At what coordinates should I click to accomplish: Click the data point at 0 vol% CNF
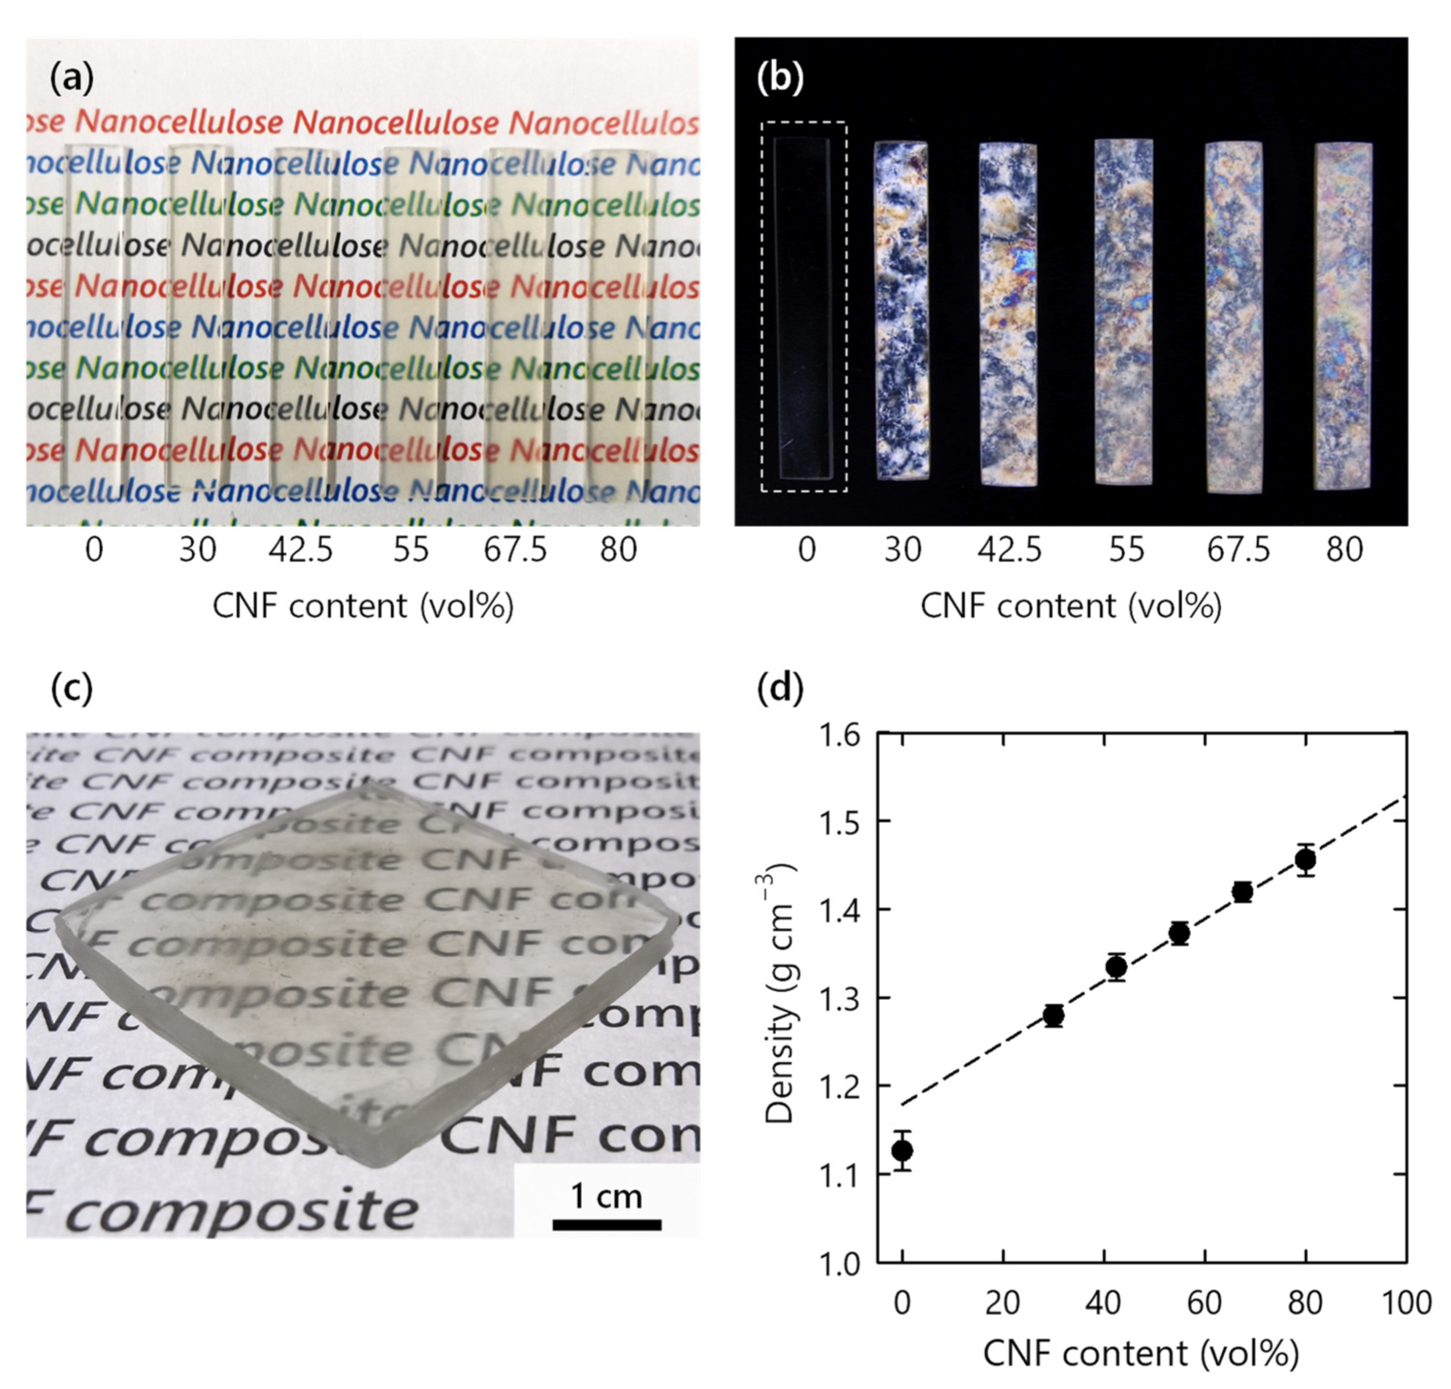[902, 1150]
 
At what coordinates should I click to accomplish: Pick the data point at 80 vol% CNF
[1306, 860]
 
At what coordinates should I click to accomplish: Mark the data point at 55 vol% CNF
[1179, 934]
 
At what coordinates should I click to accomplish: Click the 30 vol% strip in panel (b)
[901, 311]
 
